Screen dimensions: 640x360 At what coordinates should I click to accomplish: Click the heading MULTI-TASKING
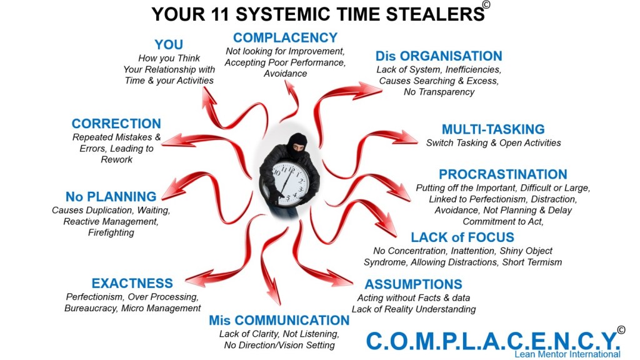493,129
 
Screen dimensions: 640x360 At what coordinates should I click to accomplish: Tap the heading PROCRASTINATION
502,174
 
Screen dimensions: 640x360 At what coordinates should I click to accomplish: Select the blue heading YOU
169,44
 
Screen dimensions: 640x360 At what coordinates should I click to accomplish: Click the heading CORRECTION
116,124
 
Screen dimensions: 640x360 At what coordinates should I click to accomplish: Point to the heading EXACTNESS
132,284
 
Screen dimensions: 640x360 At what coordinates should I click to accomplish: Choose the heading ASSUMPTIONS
414,284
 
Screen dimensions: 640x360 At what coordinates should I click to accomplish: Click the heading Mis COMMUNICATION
279,321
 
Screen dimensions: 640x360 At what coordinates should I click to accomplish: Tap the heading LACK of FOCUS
462,237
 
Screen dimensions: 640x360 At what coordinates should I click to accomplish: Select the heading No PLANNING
111,197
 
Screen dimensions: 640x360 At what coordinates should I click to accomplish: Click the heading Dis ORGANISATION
439,56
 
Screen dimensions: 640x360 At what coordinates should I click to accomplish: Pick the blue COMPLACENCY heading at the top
285,37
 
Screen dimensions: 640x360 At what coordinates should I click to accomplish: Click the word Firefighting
111,233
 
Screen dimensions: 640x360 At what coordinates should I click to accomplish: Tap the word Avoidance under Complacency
285,74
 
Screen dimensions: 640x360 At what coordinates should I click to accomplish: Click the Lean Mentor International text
567,354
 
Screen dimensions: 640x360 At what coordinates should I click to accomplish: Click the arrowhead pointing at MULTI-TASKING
409,137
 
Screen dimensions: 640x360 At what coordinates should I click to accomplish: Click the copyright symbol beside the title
486,4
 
